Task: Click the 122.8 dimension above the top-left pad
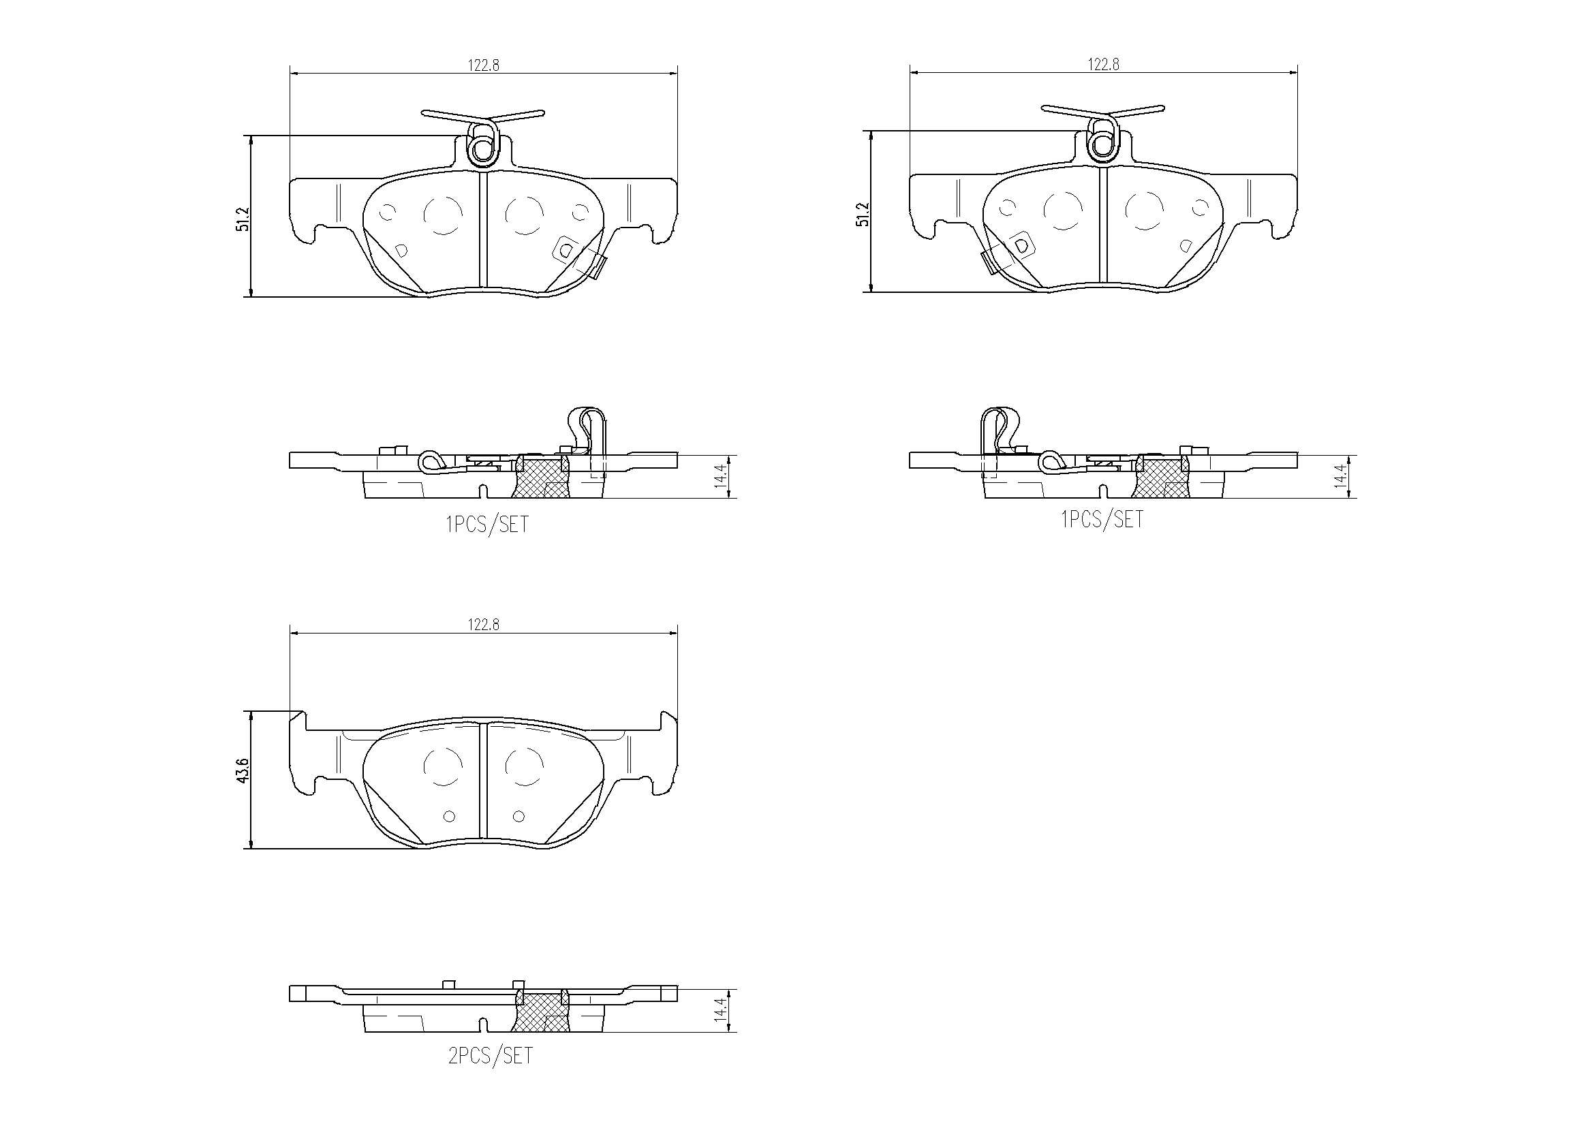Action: (483, 65)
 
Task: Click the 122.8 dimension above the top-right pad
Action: (1102, 65)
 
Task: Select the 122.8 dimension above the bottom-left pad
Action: (483, 625)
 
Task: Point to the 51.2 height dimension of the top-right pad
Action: (863, 214)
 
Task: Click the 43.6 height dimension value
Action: (243, 772)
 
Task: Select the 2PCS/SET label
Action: (490, 1056)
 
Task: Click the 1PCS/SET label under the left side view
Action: (486, 525)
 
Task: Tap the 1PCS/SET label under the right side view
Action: (1102, 519)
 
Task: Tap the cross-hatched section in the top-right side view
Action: (1161, 478)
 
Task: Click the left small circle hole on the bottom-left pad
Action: (449, 817)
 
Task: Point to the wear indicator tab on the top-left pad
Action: (596, 266)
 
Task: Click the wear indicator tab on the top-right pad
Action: (991, 262)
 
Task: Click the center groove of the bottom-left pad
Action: (484, 784)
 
